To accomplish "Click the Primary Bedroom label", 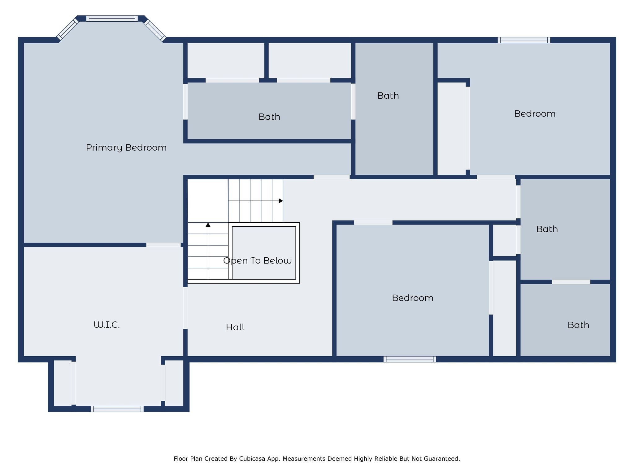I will (x=126, y=148).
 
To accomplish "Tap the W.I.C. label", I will (x=106, y=325).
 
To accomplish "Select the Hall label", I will (x=235, y=327).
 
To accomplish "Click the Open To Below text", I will (x=257, y=261).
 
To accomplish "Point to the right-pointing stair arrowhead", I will (x=281, y=201).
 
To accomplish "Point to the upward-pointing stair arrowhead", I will (x=208, y=225).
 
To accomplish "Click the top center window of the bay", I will (x=112, y=19).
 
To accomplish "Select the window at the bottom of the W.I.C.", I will (x=117, y=409).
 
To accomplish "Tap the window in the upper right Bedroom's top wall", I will (x=524, y=40).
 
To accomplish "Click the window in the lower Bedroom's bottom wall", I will (x=410, y=359).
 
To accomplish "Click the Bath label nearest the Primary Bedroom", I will (x=269, y=117).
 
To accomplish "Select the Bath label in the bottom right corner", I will (x=578, y=325).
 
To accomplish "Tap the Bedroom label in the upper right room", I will (x=535, y=114).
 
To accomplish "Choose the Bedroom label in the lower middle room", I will (x=412, y=298).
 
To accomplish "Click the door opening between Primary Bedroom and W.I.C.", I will (x=163, y=245).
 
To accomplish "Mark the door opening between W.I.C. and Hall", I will (x=185, y=308).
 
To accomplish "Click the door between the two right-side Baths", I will (x=571, y=282).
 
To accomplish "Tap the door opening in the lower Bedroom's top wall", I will (x=373, y=223).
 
